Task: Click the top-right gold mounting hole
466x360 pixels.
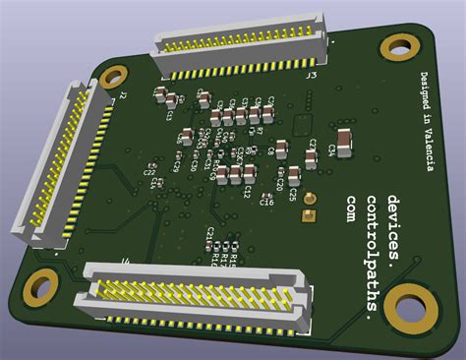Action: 399,47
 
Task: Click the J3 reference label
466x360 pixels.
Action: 311,74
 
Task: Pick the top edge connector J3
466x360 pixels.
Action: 240,46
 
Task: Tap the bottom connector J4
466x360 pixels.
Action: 199,291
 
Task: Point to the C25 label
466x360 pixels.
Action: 293,196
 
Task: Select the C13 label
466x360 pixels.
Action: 170,114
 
